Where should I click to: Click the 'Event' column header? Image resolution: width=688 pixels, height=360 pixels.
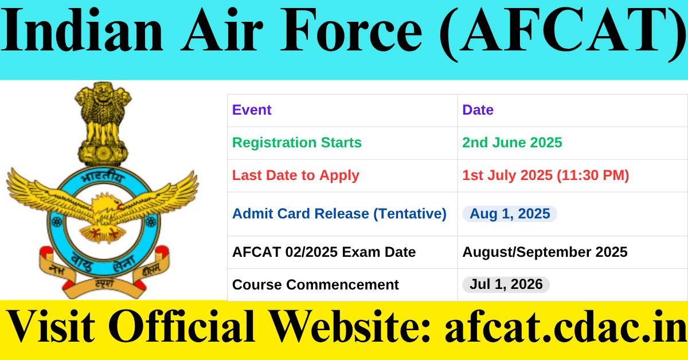pos(252,110)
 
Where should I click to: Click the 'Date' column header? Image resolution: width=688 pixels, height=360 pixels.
pos(478,110)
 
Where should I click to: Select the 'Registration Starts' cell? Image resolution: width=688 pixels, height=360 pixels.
pos(296,143)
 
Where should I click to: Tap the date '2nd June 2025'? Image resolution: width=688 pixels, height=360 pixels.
pos(512,143)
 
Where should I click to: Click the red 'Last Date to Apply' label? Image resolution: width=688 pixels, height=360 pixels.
pos(295,175)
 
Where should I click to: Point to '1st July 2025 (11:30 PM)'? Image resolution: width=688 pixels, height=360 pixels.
pos(545,175)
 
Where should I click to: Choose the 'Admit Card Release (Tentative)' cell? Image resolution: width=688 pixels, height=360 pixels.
pos(339,214)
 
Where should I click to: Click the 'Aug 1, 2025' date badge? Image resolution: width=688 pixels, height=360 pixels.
pos(510,214)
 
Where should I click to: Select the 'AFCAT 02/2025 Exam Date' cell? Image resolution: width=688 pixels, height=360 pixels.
pos(323,252)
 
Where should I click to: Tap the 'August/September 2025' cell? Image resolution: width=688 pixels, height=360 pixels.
pos(545,252)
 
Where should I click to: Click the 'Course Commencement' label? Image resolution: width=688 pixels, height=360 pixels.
pos(315,284)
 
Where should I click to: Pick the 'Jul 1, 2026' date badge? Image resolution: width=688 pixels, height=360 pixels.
pos(506,284)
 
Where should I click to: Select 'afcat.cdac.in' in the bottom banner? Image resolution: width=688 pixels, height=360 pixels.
pos(565,328)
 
